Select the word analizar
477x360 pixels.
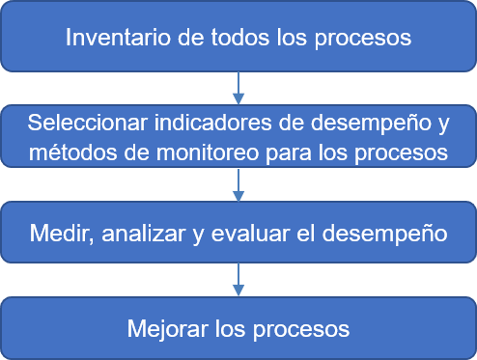131,233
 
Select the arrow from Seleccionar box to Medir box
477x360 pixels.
238,185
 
